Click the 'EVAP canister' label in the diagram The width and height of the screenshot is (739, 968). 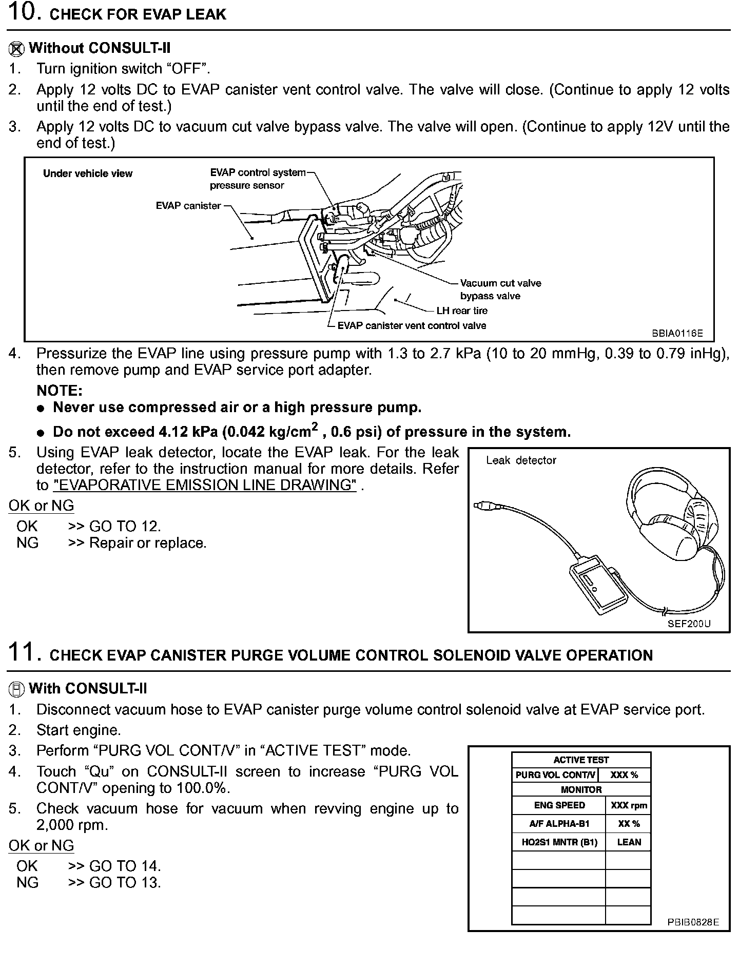[x=188, y=206]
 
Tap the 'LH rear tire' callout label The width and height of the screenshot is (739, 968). [x=461, y=311]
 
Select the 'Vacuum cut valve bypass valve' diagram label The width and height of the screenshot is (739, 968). [x=500, y=289]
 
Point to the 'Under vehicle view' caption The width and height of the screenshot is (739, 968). [x=88, y=173]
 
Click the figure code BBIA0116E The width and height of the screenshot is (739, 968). [x=677, y=333]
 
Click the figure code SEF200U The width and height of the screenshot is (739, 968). [x=689, y=624]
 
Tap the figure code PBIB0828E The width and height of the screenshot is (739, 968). [x=693, y=922]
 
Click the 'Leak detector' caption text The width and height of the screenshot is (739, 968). [x=521, y=460]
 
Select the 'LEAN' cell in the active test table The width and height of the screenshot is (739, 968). [x=629, y=842]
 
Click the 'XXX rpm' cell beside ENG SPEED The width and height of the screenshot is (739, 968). [x=629, y=805]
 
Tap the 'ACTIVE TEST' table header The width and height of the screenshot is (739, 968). [x=581, y=760]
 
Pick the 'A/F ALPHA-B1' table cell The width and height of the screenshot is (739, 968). [x=559, y=824]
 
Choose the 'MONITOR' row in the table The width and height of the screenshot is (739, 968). [x=581, y=790]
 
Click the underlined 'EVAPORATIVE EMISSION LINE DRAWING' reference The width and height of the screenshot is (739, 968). [x=205, y=485]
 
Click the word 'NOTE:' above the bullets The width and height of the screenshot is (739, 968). [x=60, y=391]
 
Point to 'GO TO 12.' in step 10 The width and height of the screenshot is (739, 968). [x=125, y=526]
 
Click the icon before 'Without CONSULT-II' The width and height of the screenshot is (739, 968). [x=16, y=49]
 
